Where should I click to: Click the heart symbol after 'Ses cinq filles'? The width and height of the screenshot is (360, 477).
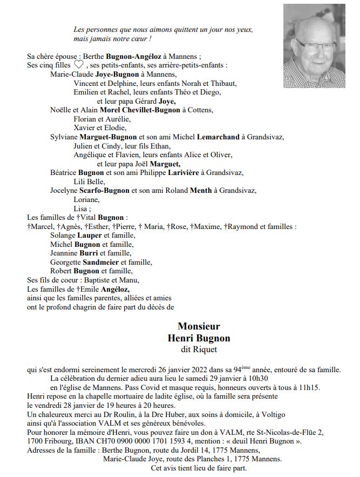[79, 65]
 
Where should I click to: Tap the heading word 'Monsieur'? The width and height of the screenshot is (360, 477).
[199, 327]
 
